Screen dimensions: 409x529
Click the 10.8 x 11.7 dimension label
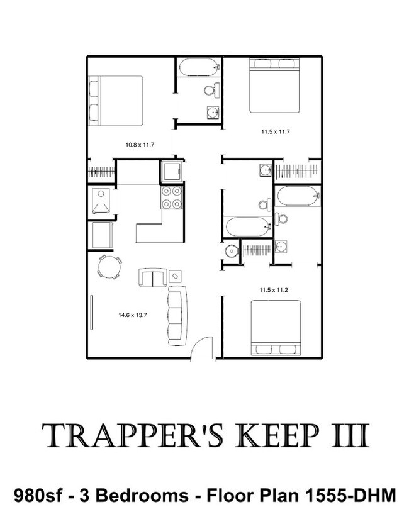(x=140, y=145)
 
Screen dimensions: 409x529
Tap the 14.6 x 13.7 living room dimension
(x=132, y=315)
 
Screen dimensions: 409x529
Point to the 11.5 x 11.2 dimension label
(x=274, y=290)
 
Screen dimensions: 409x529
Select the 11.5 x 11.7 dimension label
(x=276, y=132)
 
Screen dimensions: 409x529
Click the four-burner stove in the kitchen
(x=171, y=197)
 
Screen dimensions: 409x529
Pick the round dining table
(x=109, y=267)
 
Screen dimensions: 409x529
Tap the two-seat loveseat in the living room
(x=152, y=277)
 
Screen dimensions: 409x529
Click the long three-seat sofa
(x=177, y=315)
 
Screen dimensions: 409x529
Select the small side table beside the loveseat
(x=175, y=276)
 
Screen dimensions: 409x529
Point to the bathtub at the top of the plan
(x=199, y=67)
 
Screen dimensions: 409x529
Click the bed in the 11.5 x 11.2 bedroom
(x=276, y=327)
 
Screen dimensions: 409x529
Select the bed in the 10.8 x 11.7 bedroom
(x=115, y=101)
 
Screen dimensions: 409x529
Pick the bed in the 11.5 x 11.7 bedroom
(x=274, y=86)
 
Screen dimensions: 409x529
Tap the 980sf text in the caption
(x=38, y=496)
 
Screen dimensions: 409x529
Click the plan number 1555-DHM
(x=350, y=496)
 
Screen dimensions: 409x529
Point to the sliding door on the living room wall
(x=91, y=312)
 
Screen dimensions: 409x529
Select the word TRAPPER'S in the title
(x=133, y=436)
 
